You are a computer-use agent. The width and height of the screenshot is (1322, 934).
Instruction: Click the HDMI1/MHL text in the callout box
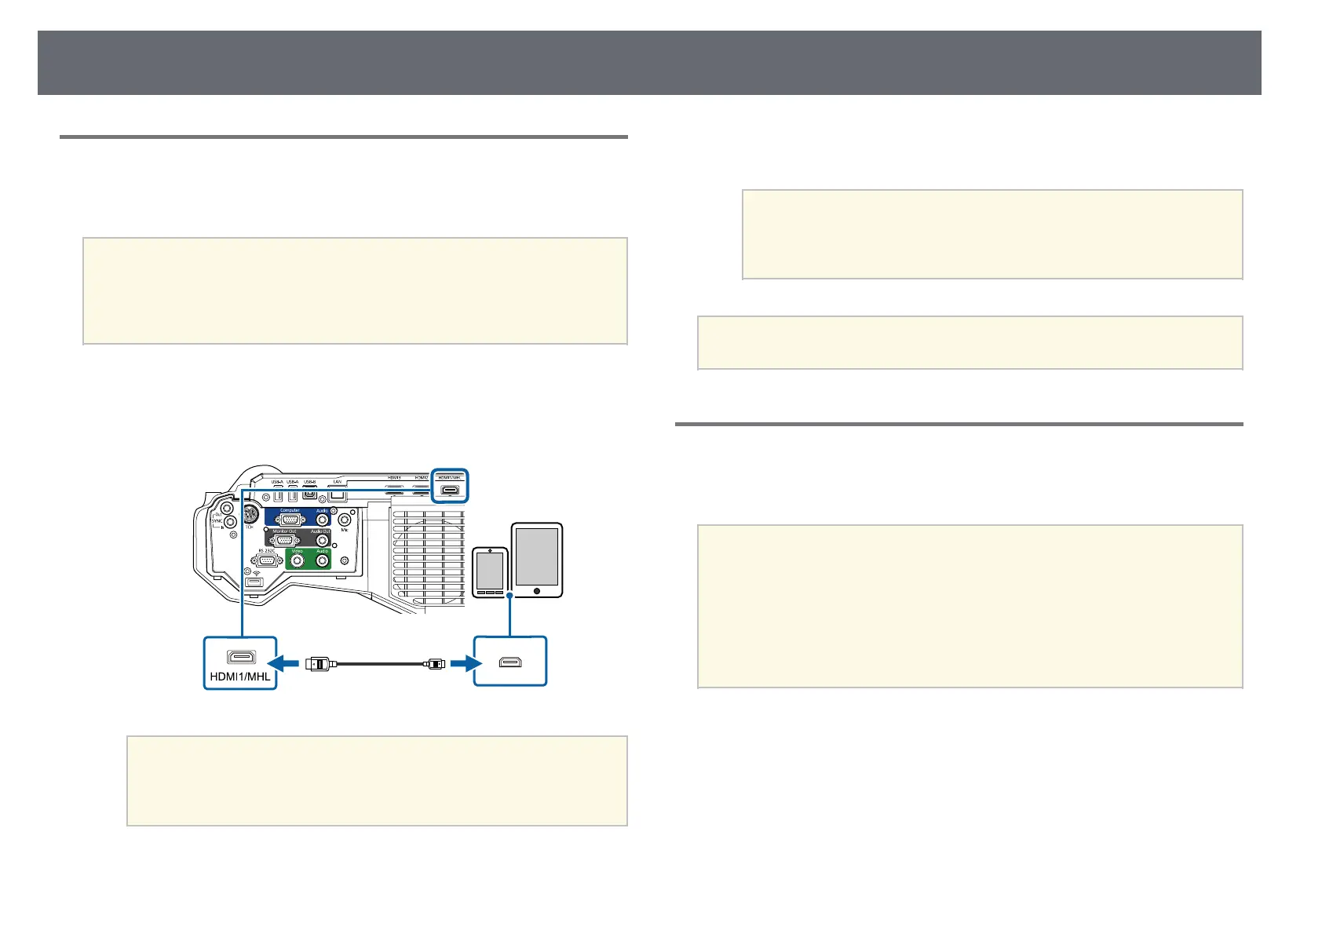click(240, 676)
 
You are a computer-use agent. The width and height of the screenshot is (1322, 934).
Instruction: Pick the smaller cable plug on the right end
click(433, 664)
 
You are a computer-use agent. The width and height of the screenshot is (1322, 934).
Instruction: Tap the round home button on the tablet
click(537, 589)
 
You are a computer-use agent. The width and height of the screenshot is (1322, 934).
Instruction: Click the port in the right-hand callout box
click(509, 664)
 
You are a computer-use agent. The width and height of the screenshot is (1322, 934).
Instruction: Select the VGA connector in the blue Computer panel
click(290, 519)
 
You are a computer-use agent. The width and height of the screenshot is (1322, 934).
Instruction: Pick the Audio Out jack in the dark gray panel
click(321, 540)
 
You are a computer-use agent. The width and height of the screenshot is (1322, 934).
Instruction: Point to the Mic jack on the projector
click(345, 519)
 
